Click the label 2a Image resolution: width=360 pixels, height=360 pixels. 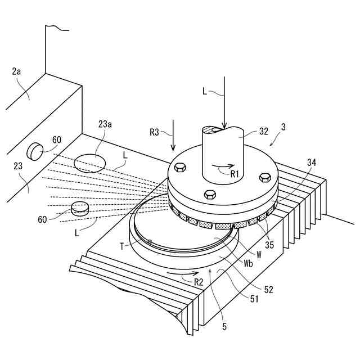coord(17,71)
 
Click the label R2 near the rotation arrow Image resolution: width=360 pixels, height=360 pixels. coord(197,281)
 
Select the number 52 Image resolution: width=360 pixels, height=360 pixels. coord(268,289)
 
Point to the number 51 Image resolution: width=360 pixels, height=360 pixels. coord(254,299)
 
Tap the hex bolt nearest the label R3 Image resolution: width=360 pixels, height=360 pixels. coord(180,167)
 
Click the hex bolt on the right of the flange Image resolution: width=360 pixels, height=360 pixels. coord(264,178)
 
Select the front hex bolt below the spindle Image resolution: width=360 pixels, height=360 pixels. coord(210,195)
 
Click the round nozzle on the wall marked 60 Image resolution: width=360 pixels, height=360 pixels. coord(35,150)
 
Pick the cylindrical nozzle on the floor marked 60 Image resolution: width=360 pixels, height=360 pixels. coord(80,208)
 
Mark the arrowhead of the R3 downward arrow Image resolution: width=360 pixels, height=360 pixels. coord(173,150)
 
